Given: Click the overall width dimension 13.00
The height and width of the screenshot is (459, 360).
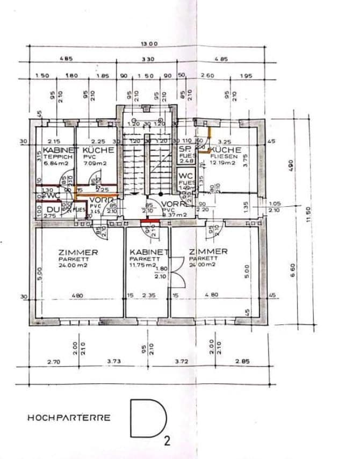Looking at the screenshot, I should tap(149, 43).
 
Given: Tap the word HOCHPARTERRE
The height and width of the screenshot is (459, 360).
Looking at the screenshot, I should tap(69, 417).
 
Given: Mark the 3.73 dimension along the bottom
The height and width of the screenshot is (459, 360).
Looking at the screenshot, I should tap(113, 361).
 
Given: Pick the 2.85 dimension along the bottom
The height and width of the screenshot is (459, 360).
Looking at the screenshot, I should tap(242, 361).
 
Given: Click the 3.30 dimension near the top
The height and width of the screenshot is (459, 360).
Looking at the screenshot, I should tap(148, 59).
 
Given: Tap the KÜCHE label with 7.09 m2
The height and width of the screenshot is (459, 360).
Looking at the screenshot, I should tap(98, 150).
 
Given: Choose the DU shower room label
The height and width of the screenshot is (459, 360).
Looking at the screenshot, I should tap(52, 209).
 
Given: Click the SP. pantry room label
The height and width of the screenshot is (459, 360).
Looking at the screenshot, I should tap(185, 149).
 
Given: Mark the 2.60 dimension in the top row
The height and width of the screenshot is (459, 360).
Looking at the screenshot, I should tap(207, 76).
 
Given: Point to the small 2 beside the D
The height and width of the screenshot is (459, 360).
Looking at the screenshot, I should tap(167, 442).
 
